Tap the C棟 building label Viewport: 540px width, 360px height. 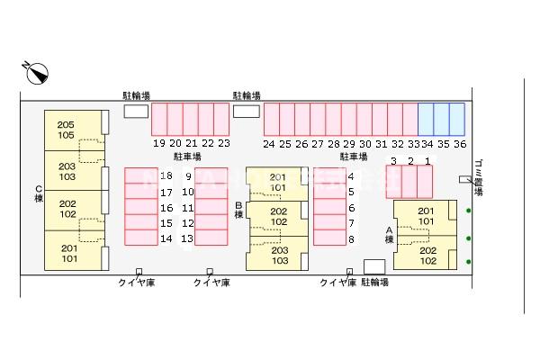click(x=39, y=193)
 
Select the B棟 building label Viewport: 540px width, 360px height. click(x=238, y=210)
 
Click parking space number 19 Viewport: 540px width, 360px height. click(x=158, y=143)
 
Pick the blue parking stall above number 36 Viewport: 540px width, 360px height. click(x=457, y=120)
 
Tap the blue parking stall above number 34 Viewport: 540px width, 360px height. click(x=427, y=120)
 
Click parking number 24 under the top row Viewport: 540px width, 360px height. click(x=269, y=143)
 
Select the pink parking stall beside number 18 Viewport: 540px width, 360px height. click(x=140, y=176)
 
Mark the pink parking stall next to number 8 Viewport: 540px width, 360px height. click(x=329, y=238)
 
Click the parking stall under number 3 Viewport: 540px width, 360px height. click(x=393, y=181)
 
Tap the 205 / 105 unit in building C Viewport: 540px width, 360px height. click(x=67, y=130)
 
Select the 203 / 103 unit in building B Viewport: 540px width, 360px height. click(x=279, y=255)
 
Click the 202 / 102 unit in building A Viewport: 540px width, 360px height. click(x=427, y=256)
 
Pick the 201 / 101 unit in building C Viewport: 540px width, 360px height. click(x=68, y=253)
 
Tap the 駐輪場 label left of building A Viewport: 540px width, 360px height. click(x=374, y=282)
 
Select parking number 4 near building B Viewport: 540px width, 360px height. click(x=351, y=176)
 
